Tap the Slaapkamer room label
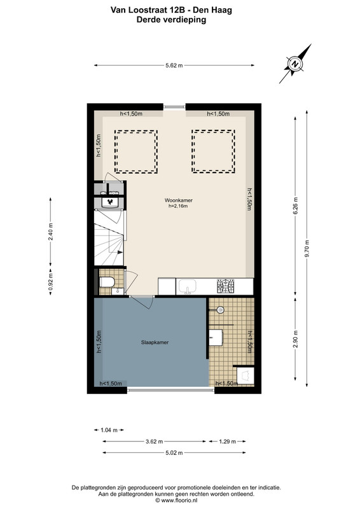[x=155, y=342]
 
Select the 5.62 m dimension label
[x=174, y=66]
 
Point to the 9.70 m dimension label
[x=307, y=248]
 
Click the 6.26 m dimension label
[x=295, y=206]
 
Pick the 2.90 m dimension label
[x=295, y=339]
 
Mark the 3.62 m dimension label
[x=154, y=442]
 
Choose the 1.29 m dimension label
[x=227, y=442]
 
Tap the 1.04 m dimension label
[x=109, y=430]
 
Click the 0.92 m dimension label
[x=50, y=282]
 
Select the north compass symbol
[x=295, y=64]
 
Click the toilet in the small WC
[x=107, y=282]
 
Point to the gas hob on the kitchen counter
[x=226, y=286]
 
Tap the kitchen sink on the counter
[x=187, y=286]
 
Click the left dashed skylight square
[x=135, y=151]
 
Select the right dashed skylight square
[x=213, y=151]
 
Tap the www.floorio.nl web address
[x=179, y=500]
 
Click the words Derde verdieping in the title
[x=171, y=20]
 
